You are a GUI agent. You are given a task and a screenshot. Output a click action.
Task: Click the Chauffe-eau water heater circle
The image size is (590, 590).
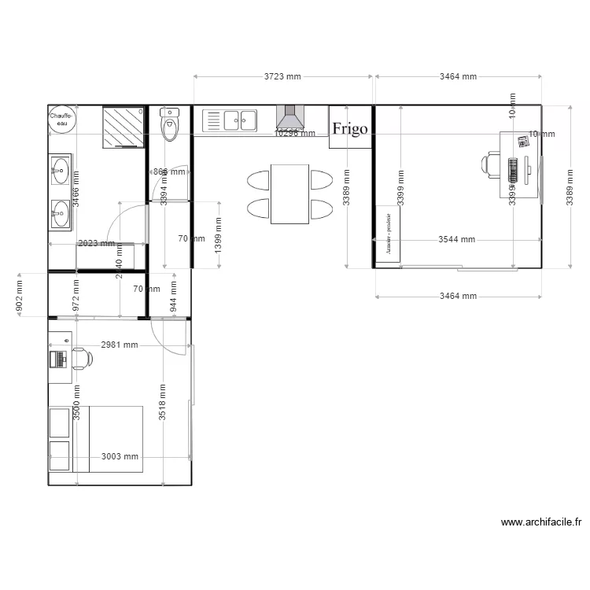pyautogui.click(x=61, y=120)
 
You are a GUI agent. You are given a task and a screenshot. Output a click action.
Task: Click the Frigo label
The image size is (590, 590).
pyautogui.click(x=350, y=129)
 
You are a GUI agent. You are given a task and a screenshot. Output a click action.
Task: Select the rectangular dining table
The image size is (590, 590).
pyautogui.click(x=289, y=194)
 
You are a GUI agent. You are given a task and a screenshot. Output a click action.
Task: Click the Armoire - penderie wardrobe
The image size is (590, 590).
pyautogui.click(x=388, y=234)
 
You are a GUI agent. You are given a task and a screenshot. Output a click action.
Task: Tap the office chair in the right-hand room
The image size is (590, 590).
pyautogui.click(x=491, y=164)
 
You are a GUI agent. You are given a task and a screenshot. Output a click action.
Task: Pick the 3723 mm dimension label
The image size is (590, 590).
pyautogui.click(x=282, y=77)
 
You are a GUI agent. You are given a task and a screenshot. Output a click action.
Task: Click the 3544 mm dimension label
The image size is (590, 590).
pyautogui.click(x=457, y=239)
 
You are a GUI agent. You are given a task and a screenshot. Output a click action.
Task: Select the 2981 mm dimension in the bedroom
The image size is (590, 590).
pyautogui.click(x=120, y=345)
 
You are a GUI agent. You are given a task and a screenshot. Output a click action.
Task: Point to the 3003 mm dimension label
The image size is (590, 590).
pyautogui.click(x=120, y=456)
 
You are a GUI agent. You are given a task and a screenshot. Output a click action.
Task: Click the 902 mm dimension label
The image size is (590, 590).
pyautogui.click(x=19, y=294)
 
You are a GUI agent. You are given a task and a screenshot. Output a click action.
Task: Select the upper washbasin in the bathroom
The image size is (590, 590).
pyautogui.click(x=60, y=168)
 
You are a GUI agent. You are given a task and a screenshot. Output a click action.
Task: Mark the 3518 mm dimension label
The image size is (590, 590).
pyautogui.click(x=162, y=403)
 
